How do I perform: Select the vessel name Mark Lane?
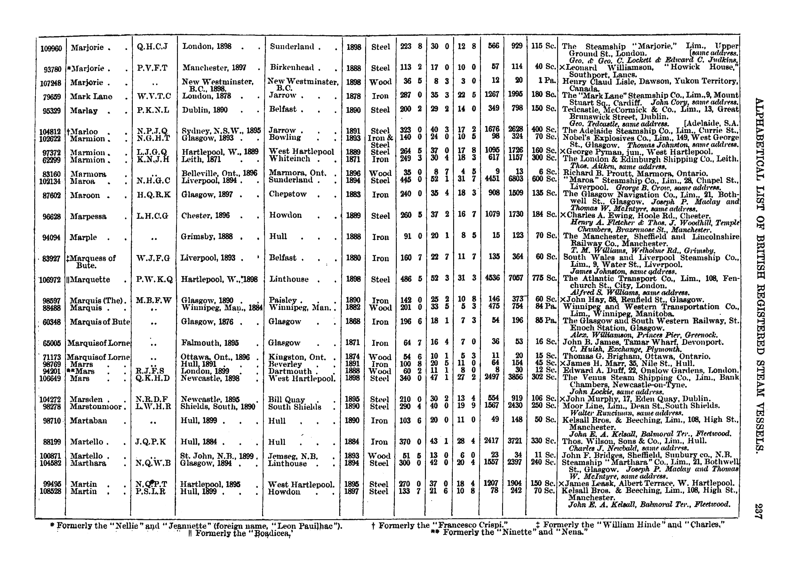(x=91, y=97)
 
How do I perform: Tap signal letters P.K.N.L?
(x=153, y=110)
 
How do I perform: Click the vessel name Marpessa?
(x=88, y=217)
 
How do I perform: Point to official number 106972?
(x=51, y=280)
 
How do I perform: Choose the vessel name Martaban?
(x=88, y=421)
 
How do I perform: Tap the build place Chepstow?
(x=288, y=194)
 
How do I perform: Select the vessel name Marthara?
(x=88, y=464)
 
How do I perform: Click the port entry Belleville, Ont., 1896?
(x=219, y=173)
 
